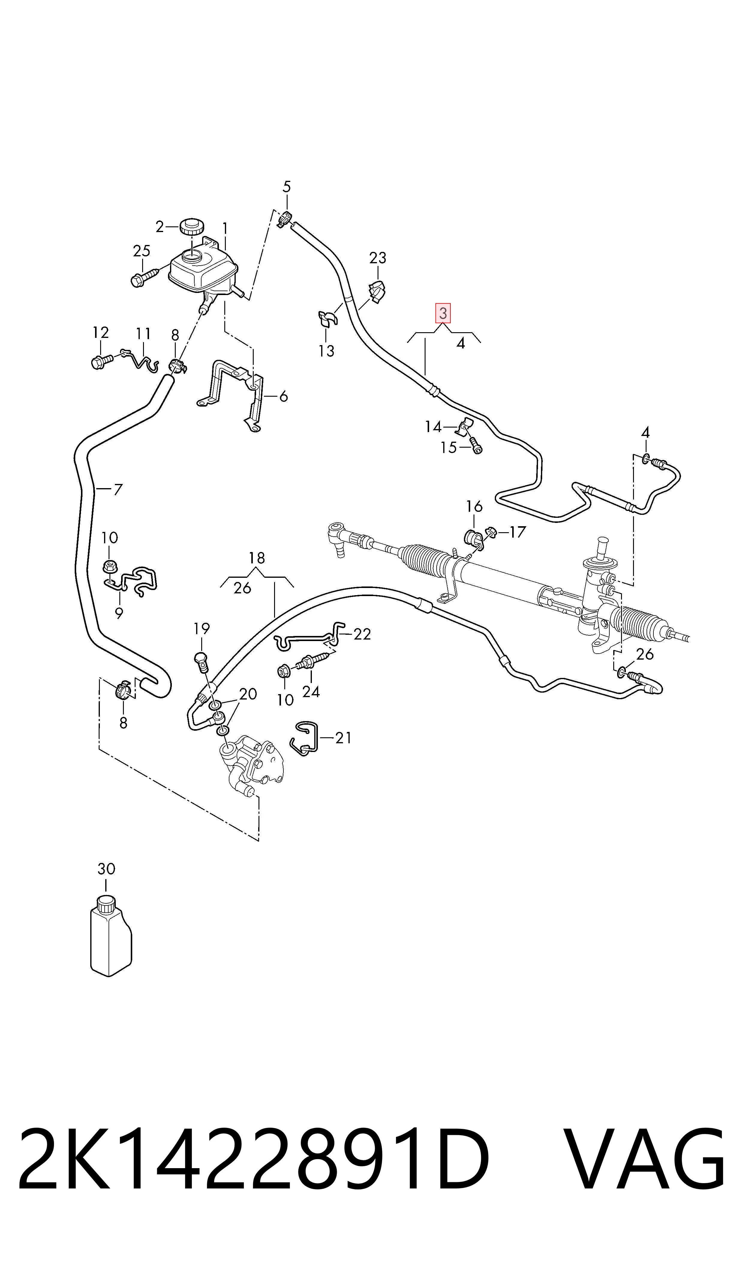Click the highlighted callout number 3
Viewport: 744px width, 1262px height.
[443, 314]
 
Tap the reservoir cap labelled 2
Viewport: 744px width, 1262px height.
[190, 227]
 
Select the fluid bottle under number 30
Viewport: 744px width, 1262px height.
[111, 937]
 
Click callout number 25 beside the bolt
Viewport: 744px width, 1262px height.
[142, 251]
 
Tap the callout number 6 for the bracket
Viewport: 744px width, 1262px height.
[283, 396]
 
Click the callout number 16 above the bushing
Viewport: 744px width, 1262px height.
[474, 506]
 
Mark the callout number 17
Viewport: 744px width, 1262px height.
[517, 532]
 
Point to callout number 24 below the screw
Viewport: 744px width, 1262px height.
[311, 692]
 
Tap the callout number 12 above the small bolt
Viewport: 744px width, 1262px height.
[101, 332]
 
